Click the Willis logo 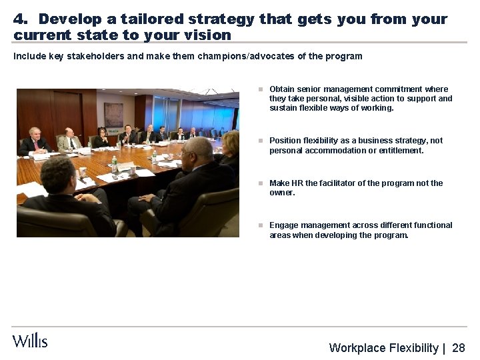30,341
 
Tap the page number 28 459,348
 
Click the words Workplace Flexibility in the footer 383,348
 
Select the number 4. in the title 21,19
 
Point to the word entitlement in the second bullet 399,151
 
